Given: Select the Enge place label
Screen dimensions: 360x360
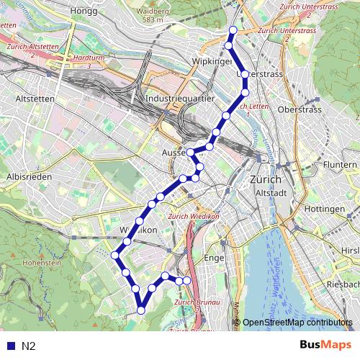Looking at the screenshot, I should pyautogui.click(x=215, y=256).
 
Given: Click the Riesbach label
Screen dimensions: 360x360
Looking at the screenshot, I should pyautogui.click(x=342, y=284).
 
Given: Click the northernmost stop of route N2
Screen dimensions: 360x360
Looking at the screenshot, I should pyautogui.click(x=232, y=30).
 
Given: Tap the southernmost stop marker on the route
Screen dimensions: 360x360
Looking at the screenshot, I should pyautogui.click(x=141, y=310).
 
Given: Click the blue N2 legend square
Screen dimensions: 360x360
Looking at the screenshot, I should pyautogui.click(x=9, y=346).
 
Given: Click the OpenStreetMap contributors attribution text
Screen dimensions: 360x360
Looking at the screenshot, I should pyautogui.click(x=299, y=323).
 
